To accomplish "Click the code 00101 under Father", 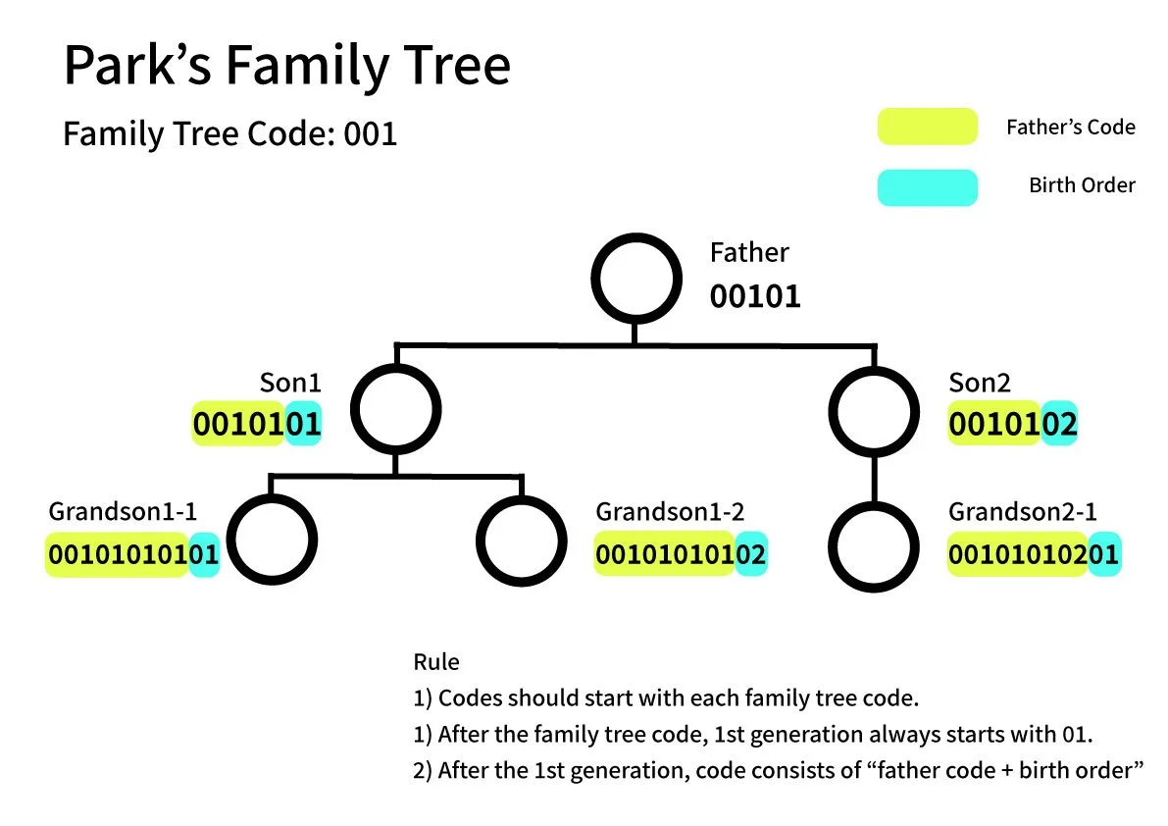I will tap(755, 296).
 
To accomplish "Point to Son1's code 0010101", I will tap(257, 425).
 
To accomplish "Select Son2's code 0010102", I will tap(1012, 425).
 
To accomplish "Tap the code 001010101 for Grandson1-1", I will tap(132, 555).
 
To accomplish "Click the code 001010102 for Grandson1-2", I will tap(681, 555).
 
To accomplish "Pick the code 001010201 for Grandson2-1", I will tap(1033, 555).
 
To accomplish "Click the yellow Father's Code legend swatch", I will tap(927, 127).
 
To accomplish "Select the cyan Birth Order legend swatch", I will tap(927, 187).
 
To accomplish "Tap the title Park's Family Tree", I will tap(286, 66).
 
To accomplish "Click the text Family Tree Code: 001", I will tap(229, 132).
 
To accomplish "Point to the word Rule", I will tap(435, 661).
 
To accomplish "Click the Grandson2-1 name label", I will tap(1022, 511).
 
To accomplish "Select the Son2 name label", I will tap(980, 382).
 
